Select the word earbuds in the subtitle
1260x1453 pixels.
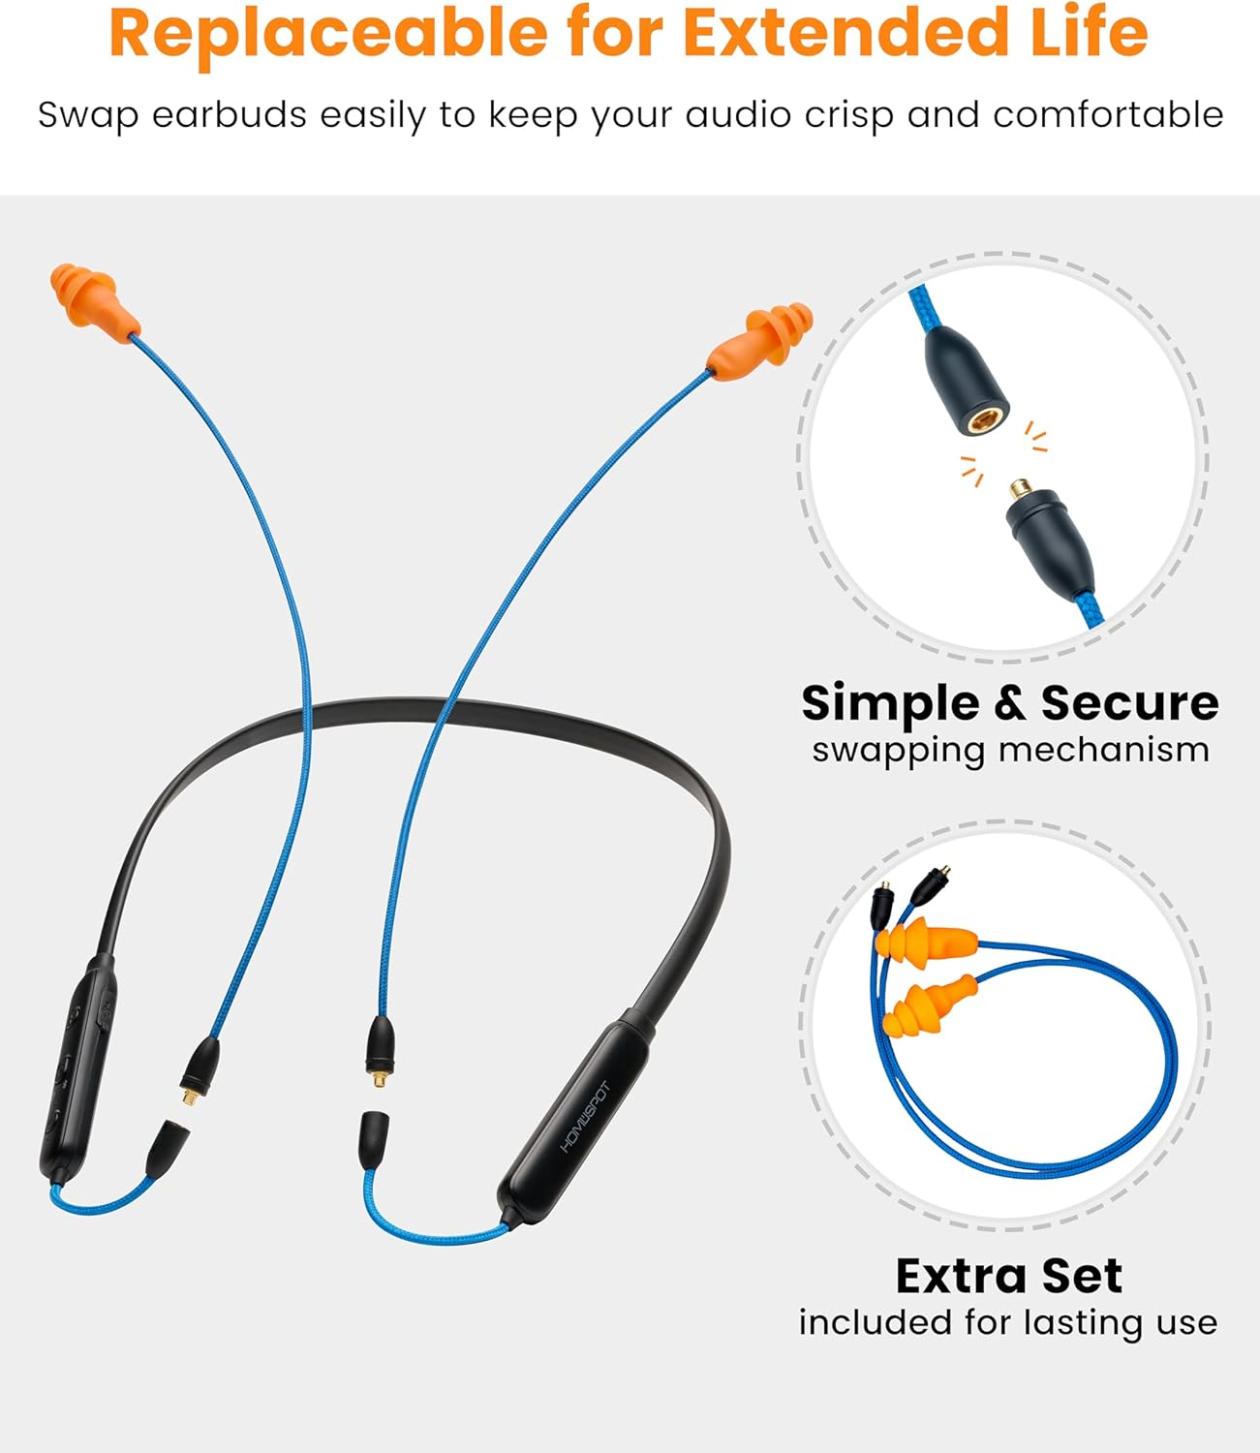(x=229, y=115)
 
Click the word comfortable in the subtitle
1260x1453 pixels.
(x=1108, y=115)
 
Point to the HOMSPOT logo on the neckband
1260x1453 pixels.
(x=586, y=1116)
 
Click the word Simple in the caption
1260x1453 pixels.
(x=890, y=703)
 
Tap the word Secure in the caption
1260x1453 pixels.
(x=1129, y=703)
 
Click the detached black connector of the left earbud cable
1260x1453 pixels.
(x=200, y=1064)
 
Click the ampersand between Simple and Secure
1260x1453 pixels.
(x=1009, y=703)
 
